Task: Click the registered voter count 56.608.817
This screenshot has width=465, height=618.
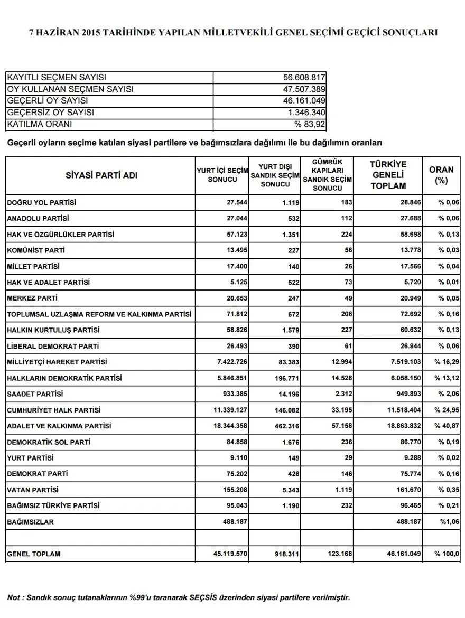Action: point(304,77)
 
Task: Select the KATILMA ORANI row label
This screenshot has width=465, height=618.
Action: point(40,125)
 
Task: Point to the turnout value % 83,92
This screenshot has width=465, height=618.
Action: point(310,125)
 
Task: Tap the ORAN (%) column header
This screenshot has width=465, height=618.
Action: point(441,175)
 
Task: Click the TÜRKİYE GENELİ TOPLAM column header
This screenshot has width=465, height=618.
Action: point(388,175)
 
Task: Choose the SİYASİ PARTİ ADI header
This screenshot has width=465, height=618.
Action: point(101,175)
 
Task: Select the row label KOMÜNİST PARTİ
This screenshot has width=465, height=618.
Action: point(36,250)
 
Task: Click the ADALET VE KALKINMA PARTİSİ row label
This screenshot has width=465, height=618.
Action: point(59,426)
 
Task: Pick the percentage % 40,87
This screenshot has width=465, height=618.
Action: point(447,426)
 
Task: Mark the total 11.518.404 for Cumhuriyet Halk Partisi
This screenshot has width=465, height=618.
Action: point(399,410)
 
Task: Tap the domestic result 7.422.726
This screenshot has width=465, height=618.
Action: point(230,362)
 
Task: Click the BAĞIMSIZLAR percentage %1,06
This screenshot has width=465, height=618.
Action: point(448,522)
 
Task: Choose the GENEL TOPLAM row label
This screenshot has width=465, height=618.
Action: point(34,554)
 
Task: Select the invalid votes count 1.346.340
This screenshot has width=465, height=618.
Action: point(306,113)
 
